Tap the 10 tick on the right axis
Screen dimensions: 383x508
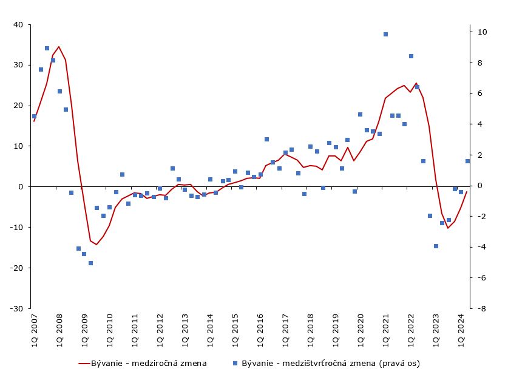[479, 32]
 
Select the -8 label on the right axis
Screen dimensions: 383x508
[479, 308]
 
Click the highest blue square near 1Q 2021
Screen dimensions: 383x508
[385, 35]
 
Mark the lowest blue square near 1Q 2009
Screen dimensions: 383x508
[90, 263]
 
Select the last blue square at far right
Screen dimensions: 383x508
[467, 161]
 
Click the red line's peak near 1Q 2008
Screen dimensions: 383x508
[59, 47]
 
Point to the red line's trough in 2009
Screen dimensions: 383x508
[97, 245]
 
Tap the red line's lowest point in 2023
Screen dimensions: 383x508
[448, 228]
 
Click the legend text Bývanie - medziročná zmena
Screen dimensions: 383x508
[149, 364]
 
